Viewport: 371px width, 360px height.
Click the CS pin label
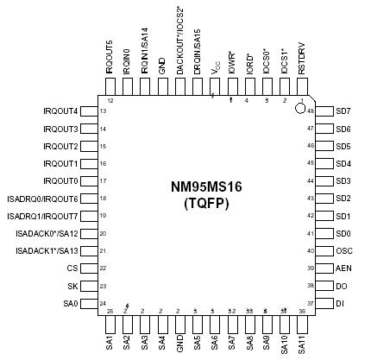72,268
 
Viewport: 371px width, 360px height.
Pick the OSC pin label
343,250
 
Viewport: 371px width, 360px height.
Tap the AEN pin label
343,268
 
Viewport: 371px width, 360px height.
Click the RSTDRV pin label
302,53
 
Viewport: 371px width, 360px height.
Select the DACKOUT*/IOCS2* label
179,40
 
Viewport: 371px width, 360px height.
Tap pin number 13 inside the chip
103,112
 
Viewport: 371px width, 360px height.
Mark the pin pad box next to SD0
325,233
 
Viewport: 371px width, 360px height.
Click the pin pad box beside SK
89,286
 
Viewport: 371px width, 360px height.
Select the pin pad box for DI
325,303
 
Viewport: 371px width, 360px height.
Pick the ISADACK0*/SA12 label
46,233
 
